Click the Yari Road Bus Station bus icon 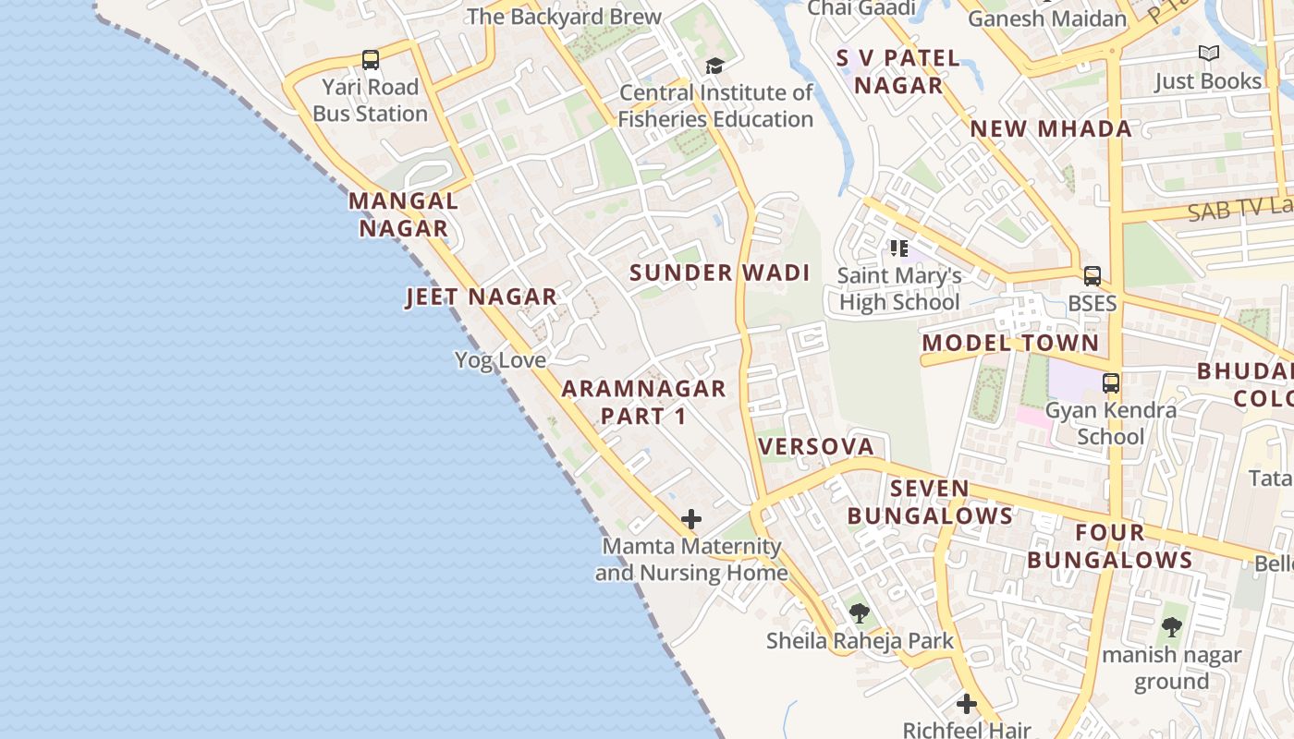click(x=371, y=60)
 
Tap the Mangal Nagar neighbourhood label click(x=403, y=214)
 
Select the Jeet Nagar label click(x=481, y=297)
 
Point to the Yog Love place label click(x=500, y=359)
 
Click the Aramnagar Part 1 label click(x=643, y=402)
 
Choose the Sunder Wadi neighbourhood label click(x=719, y=273)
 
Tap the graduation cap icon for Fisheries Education click(x=714, y=66)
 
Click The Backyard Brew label click(x=564, y=17)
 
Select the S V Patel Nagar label click(x=898, y=71)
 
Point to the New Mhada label click(x=1051, y=128)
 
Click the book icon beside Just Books click(x=1208, y=54)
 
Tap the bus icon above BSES click(x=1093, y=275)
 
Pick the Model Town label click(x=1011, y=343)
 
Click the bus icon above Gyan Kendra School click(x=1111, y=382)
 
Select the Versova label click(x=815, y=446)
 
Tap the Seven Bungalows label click(x=930, y=502)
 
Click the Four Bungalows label click(x=1110, y=546)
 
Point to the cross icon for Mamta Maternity click(x=691, y=519)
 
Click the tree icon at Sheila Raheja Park click(x=860, y=612)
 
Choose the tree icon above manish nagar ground click(x=1171, y=627)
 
